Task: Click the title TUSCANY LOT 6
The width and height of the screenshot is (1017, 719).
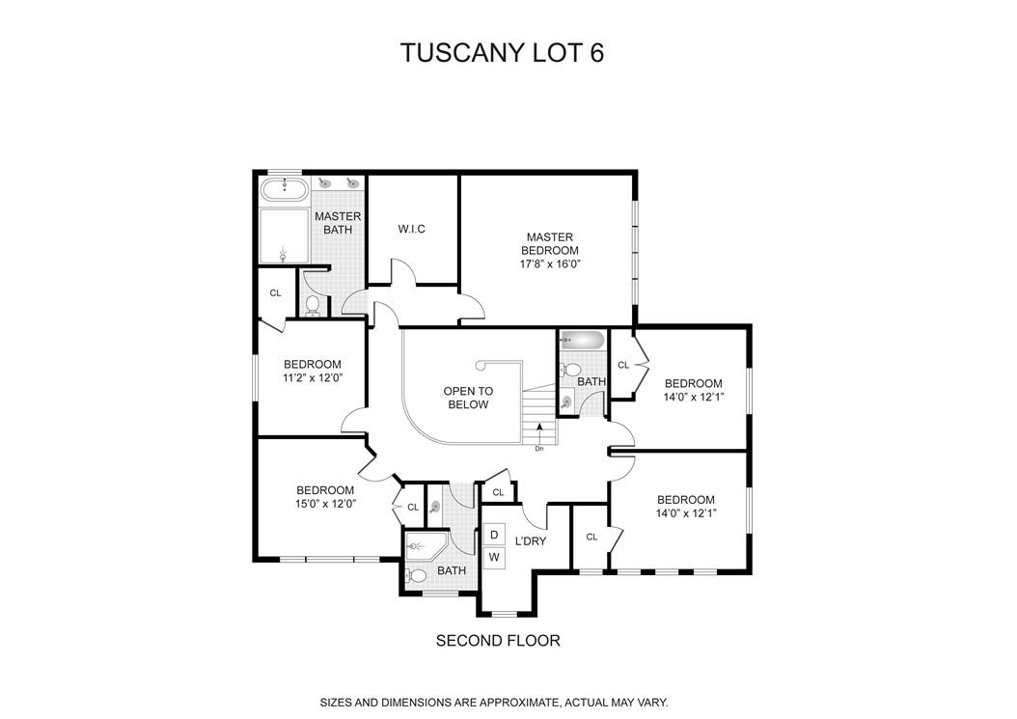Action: pyautogui.click(x=502, y=53)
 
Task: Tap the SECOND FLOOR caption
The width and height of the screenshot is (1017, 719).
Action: pyautogui.click(x=498, y=640)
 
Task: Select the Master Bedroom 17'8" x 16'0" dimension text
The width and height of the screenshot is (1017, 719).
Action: pyautogui.click(x=549, y=263)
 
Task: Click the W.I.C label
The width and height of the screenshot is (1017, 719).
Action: pyautogui.click(x=412, y=229)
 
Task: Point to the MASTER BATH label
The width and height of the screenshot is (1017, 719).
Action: pyautogui.click(x=338, y=223)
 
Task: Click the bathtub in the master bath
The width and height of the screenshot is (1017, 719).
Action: pyautogui.click(x=284, y=189)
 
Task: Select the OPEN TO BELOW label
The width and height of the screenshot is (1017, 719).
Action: pyautogui.click(x=468, y=398)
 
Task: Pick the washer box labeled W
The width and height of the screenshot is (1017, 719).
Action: pyautogui.click(x=494, y=557)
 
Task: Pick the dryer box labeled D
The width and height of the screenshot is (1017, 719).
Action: pyautogui.click(x=494, y=534)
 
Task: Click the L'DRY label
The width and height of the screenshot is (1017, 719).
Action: pyautogui.click(x=531, y=541)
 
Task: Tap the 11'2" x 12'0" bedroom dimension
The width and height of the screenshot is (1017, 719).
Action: pyautogui.click(x=313, y=378)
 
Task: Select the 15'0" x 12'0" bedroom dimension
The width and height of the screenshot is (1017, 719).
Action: pyautogui.click(x=325, y=504)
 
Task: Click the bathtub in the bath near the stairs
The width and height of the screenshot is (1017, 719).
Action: pyautogui.click(x=583, y=340)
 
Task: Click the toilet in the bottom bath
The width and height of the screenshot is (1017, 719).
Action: pyautogui.click(x=417, y=576)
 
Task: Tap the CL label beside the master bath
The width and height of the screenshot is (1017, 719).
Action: pyautogui.click(x=275, y=293)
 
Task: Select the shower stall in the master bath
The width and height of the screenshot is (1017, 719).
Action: pyautogui.click(x=283, y=236)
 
